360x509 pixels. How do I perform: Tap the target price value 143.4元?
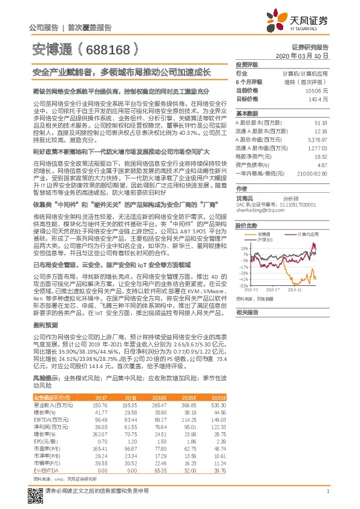point(319,98)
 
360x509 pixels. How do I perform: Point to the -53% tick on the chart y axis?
point(243,286)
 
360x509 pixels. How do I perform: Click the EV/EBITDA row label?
point(45,469)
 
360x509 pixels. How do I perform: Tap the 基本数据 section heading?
point(246,114)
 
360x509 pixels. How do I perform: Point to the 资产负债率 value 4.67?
point(321,164)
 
